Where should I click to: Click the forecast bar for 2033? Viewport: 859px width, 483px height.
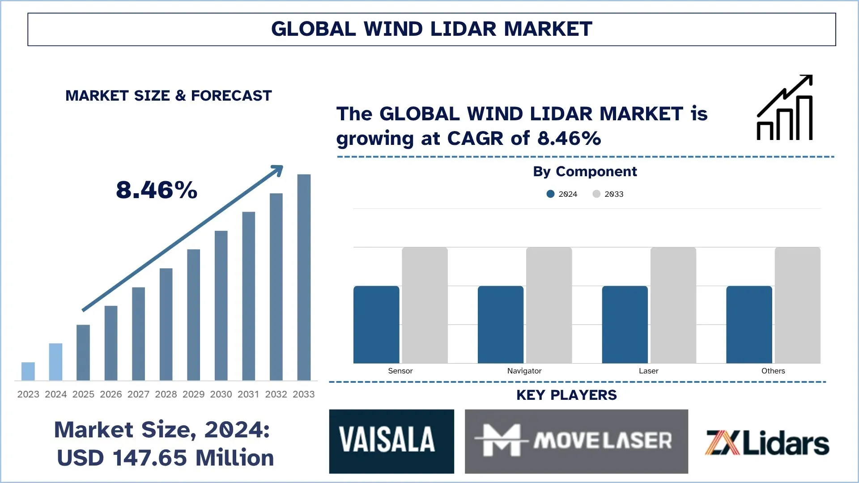pos(304,277)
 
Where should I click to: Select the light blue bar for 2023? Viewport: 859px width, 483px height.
pos(28,371)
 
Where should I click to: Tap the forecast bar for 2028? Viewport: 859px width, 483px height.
pos(166,324)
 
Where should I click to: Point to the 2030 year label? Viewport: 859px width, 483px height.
pos(221,394)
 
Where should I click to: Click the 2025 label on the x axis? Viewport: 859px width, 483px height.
pos(83,394)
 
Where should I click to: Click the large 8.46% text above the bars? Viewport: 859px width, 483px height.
pos(157,190)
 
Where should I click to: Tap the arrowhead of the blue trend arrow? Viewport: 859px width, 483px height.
pos(278,170)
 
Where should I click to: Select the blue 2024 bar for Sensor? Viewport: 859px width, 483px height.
pos(376,324)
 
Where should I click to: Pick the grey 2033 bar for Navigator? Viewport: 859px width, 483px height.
pos(549,305)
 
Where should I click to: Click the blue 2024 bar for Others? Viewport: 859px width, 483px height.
pos(749,324)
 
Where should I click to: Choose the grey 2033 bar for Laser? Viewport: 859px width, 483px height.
pos(673,305)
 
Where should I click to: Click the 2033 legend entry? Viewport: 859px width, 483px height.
pos(608,194)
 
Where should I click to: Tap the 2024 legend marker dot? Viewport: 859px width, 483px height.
pos(551,194)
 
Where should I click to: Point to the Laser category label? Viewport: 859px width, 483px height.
pos(648,371)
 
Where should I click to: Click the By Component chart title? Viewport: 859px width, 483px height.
pos(585,172)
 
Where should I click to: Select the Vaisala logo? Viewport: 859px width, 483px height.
pos(391,441)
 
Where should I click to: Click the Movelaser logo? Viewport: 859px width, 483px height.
pos(576,441)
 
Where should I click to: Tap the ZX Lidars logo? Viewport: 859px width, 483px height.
pos(767,443)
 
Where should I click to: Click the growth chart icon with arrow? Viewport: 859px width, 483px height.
pos(785,108)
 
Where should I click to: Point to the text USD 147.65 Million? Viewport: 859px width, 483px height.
pos(166,458)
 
